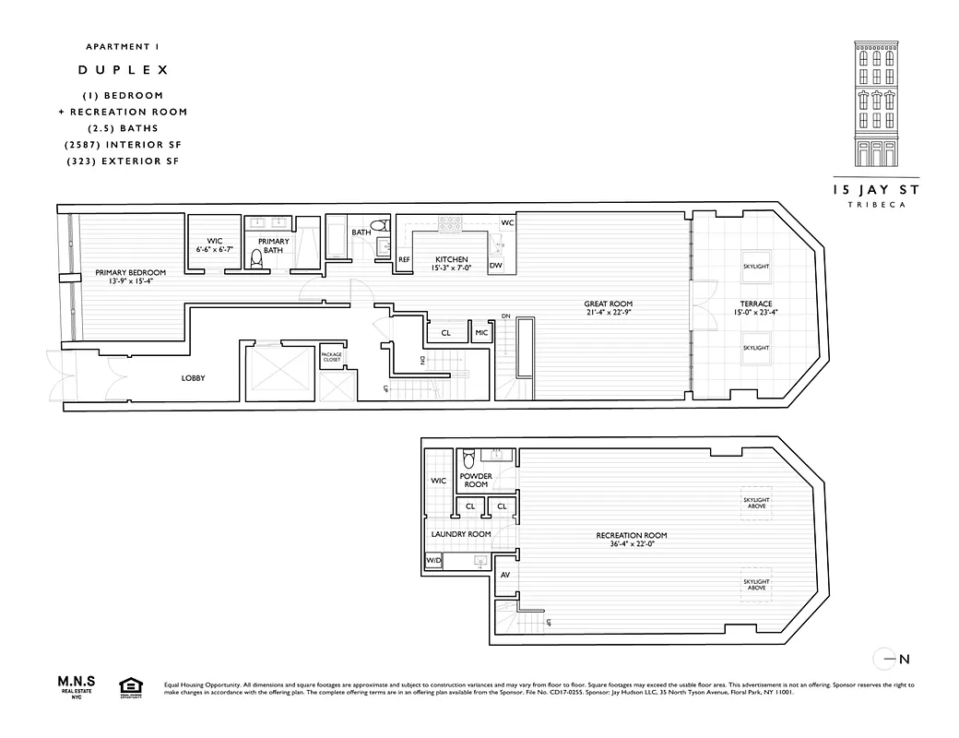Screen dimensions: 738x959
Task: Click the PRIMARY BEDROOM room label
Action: point(131,272)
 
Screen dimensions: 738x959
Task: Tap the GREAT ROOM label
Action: point(608,304)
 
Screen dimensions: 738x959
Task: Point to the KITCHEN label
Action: point(452,259)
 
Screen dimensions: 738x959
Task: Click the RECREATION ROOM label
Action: point(632,535)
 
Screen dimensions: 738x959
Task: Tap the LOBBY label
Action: point(193,378)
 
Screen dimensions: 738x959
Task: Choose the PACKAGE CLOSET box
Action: point(331,357)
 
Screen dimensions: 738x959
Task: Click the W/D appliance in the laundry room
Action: point(432,561)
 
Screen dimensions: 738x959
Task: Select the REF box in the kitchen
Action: point(404,259)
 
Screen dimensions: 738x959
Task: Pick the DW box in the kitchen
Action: point(496,266)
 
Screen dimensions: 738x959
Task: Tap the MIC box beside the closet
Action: point(481,333)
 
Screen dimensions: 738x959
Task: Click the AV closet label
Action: point(504,576)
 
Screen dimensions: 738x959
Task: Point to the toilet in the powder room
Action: point(468,458)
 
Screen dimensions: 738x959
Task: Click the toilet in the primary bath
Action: point(257,260)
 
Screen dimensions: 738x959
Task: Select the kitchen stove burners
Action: point(449,224)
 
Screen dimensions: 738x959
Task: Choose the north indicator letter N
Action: point(905,659)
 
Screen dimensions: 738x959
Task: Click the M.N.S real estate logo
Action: point(78,685)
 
